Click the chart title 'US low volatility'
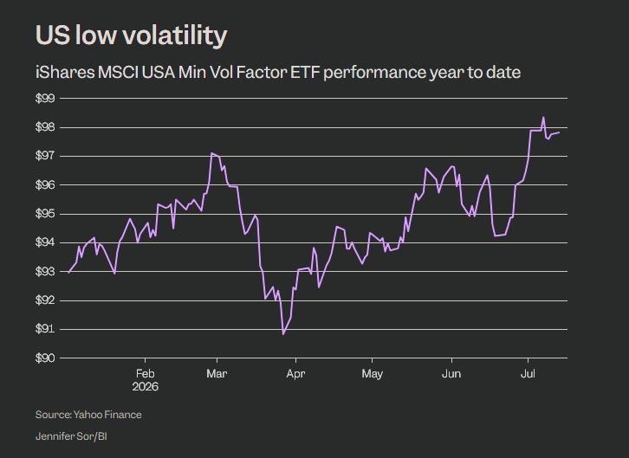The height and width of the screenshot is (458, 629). [131, 35]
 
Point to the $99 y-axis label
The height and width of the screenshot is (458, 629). [45, 99]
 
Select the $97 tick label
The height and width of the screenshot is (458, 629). [45, 156]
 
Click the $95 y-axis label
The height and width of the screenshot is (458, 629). [45, 214]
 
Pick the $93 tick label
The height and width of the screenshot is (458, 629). [45, 272]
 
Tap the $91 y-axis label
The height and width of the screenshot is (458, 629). [45, 329]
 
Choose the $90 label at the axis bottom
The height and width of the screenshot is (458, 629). [45, 358]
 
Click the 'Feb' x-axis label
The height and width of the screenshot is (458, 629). [146, 374]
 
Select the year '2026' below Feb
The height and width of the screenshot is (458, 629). [146, 387]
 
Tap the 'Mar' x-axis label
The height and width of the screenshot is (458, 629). [217, 374]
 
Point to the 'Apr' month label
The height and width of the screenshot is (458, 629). [296, 374]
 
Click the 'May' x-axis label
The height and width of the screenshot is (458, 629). [372, 374]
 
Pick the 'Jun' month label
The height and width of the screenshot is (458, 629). [451, 374]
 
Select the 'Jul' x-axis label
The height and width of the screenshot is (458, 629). [528, 374]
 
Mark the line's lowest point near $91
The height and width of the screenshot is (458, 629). [283, 334]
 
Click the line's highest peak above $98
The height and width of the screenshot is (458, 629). [543, 117]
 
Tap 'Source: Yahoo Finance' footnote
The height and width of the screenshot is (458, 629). [88, 415]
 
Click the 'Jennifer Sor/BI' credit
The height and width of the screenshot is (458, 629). [71, 436]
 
